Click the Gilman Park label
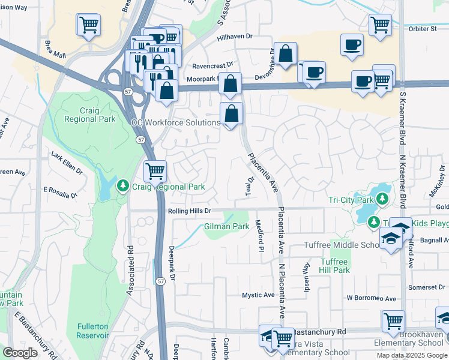tap(226, 227)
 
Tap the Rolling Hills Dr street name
tap(186, 211)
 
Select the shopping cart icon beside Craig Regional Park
tap(155, 172)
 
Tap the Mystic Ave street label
tap(258, 295)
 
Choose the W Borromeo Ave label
tap(372, 298)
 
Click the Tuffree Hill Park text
tap(334, 266)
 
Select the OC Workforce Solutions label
tap(175, 122)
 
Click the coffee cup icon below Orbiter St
tap(351, 44)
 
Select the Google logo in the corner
tap(20, 353)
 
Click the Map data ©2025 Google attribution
tap(412, 355)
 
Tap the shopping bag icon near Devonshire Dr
tap(286, 53)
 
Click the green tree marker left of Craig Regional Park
tap(123, 187)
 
